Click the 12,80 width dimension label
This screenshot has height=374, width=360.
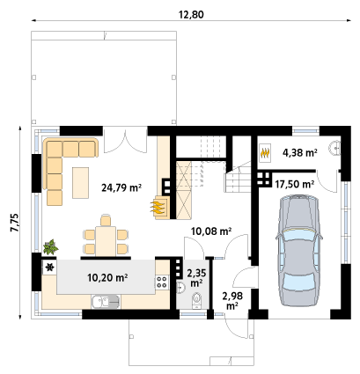(x=191, y=14)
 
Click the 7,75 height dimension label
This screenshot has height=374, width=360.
(x=14, y=223)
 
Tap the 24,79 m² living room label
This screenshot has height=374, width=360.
(x=121, y=187)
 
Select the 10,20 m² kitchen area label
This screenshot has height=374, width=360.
(x=107, y=277)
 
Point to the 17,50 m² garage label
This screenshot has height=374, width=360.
(x=295, y=184)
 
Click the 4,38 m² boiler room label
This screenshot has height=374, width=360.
(x=299, y=152)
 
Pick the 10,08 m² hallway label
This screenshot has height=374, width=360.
(x=211, y=231)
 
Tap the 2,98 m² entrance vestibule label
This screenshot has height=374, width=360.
(x=232, y=301)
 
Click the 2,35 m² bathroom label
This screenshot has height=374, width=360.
(x=196, y=278)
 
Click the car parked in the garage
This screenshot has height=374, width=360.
(x=299, y=251)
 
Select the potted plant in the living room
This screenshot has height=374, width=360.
(x=50, y=247)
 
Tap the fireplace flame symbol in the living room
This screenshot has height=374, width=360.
(x=158, y=207)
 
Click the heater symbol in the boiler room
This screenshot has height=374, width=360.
(x=265, y=153)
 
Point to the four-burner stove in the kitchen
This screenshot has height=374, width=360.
(x=162, y=282)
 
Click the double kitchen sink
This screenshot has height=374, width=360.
(x=106, y=302)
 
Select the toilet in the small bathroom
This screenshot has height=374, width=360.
(x=196, y=300)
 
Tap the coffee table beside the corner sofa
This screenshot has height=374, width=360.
(x=81, y=183)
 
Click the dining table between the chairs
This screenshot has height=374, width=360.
(x=106, y=241)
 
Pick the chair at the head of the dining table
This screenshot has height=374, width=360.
(x=106, y=220)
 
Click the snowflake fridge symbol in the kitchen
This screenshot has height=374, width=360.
(x=50, y=268)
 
